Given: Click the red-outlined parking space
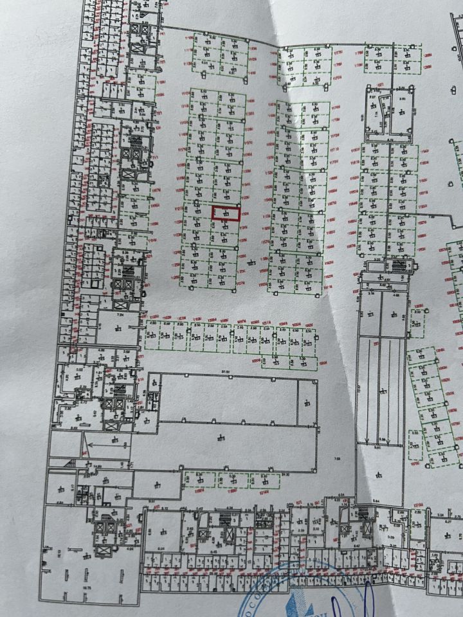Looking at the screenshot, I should tap(226, 213).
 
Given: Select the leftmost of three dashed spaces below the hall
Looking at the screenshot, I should tap(198, 479).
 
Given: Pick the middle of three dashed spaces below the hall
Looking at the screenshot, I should tap(232, 479).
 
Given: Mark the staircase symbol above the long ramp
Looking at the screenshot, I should tap(396, 266).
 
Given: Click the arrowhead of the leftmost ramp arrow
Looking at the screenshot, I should tap(367, 442).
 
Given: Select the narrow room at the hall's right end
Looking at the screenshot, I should tap(307, 402).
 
